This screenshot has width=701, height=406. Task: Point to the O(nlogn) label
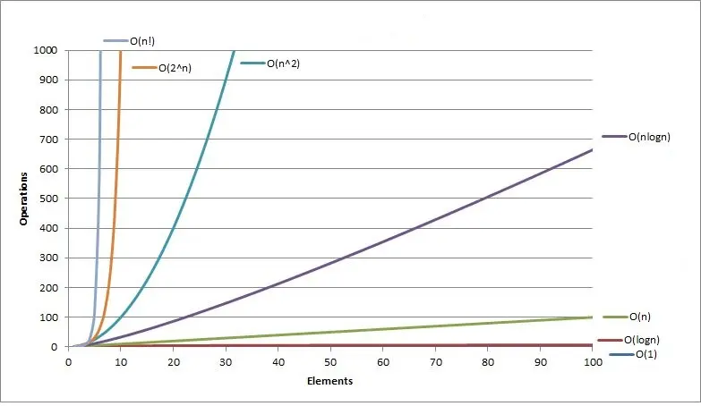pos(649,137)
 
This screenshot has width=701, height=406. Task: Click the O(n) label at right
pos(639,317)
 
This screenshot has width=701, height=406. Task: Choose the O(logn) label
pos(641,340)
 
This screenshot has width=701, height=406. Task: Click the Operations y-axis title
pos(25,199)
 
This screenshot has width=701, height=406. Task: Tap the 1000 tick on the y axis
pos(45,50)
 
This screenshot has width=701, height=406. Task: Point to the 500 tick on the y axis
pos(47,199)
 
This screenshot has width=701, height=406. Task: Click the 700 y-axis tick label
pos(47,140)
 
